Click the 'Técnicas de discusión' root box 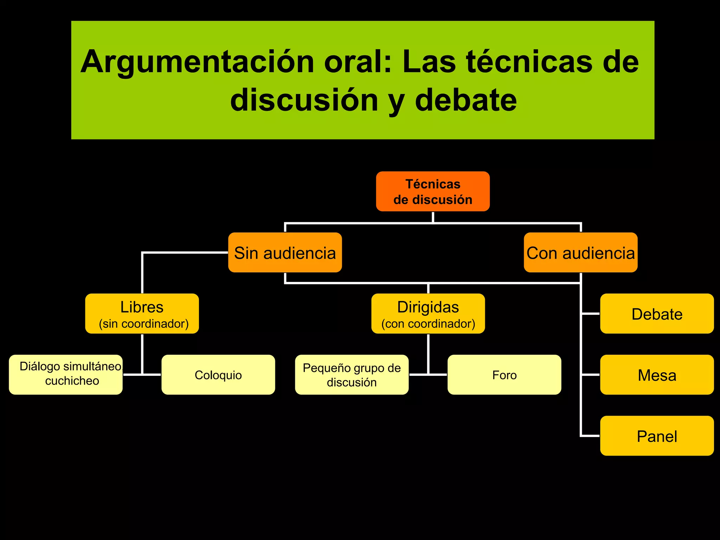pyautogui.click(x=433, y=192)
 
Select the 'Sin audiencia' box pyautogui.click(x=285, y=252)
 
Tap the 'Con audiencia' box pyautogui.click(x=580, y=252)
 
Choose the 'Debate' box pyautogui.click(x=657, y=314)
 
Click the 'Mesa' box pyautogui.click(x=657, y=375)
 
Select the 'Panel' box pyautogui.click(x=657, y=436)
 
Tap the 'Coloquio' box pyautogui.click(x=218, y=375)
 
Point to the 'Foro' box pyautogui.click(x=504, y=375)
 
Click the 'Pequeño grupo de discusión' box pyautogui.click(x=352, y=375)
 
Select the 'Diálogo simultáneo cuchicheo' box pyautogui.click(x=66, y=375)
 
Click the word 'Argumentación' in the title pyautogui.click(x=197, y=62)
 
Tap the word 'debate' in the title pyautogui.click(x=466, y=100)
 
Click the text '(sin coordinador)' pyautogui.click(x=143, y=324)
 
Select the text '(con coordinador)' pyautogui.click(x=428, y=324)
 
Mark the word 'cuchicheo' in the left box pyautogui.click(x=72, y=381)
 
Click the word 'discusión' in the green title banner pyautogui.click(x=304, y=100)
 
